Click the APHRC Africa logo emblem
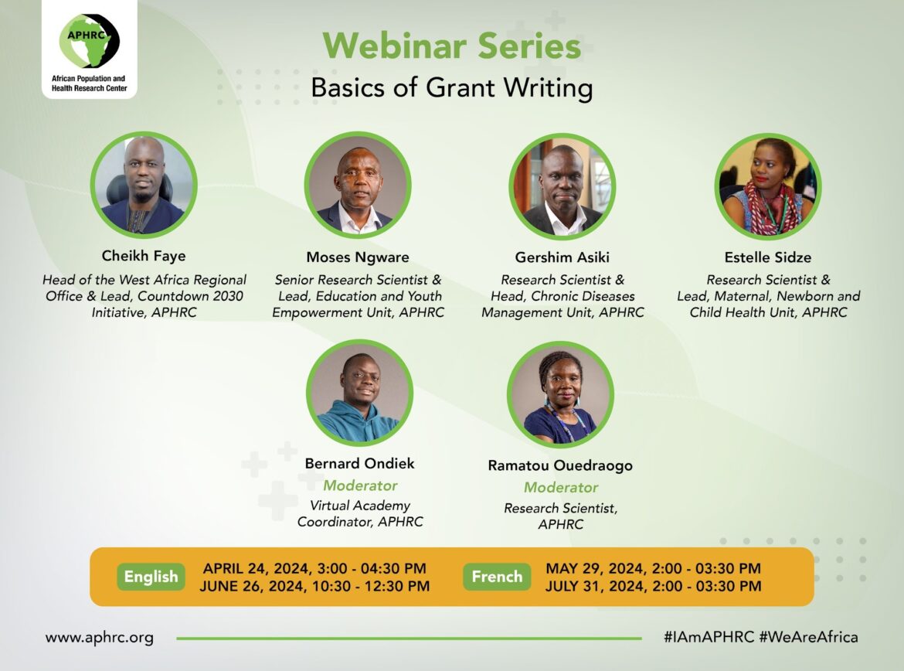(90, 41)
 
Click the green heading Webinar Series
(451, 46)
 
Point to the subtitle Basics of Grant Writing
(451, 87)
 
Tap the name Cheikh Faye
(144, 256)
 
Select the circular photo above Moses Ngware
(358, 185)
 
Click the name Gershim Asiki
(562, 257)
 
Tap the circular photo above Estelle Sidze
(768, 186)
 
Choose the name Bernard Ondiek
(360, 463)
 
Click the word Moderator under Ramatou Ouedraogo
(561, 488)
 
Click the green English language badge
(151, 577)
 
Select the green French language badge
(497, 577)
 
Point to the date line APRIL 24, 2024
(314, 568)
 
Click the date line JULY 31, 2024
(653, 586)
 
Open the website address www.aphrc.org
(100, 638)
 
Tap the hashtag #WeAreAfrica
(808, 637)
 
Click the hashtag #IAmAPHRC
(709, 637)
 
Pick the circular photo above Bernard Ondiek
(360, 393)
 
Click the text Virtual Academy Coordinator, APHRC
(360, 513)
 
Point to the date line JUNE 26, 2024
(314, 586)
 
